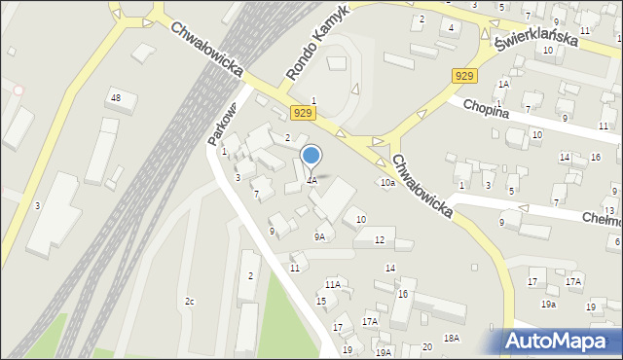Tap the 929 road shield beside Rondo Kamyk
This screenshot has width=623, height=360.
coord(302,114)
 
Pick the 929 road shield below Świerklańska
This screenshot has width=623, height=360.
coord(464,76)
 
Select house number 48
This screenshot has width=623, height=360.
coord(116,98)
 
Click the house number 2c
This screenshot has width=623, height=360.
coord(190,302)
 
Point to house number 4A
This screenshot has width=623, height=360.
coord(311,181)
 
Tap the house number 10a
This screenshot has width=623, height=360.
coord(387,183)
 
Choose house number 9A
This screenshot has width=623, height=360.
coord(319,236)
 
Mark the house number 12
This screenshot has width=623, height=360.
coord(380,239)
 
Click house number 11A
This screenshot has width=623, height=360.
coord(333,284)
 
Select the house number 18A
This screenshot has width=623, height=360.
coord(451,338)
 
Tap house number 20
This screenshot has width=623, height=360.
coord(427,347)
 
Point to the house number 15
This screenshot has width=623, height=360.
coord(321,301)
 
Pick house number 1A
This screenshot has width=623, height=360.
coord(503,85)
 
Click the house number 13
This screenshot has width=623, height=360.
coord(609,210)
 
